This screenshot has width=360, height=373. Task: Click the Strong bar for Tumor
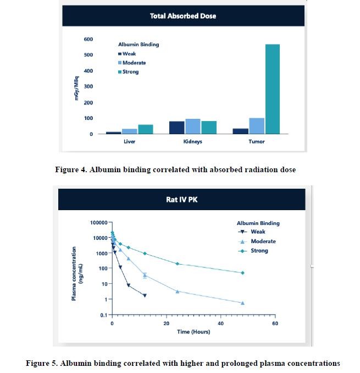[273, 89]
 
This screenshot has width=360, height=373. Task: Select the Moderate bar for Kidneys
[192, 126]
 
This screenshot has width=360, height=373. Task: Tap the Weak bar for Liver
[113, 133]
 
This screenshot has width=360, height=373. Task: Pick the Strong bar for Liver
[146, 129]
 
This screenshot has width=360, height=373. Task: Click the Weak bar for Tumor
[241, 131]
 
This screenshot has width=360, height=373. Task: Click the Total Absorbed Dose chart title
[183, 16]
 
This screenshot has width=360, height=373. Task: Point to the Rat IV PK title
[181, 199]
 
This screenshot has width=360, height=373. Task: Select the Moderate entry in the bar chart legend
[134, 63]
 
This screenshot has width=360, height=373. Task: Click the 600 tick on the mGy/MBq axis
[88, 40]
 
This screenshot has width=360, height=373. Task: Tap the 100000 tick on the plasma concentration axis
[97, 223]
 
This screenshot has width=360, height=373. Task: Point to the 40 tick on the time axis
[220, 323]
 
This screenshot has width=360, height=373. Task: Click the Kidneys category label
[192, 141]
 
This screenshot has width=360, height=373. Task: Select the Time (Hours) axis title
[193, 332]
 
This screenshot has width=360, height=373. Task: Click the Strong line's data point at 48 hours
[242, 273]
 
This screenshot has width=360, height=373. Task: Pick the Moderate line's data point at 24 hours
[177, 291]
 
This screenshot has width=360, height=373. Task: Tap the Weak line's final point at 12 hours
[145, 295]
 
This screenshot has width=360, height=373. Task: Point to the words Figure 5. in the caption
[42, 363]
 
